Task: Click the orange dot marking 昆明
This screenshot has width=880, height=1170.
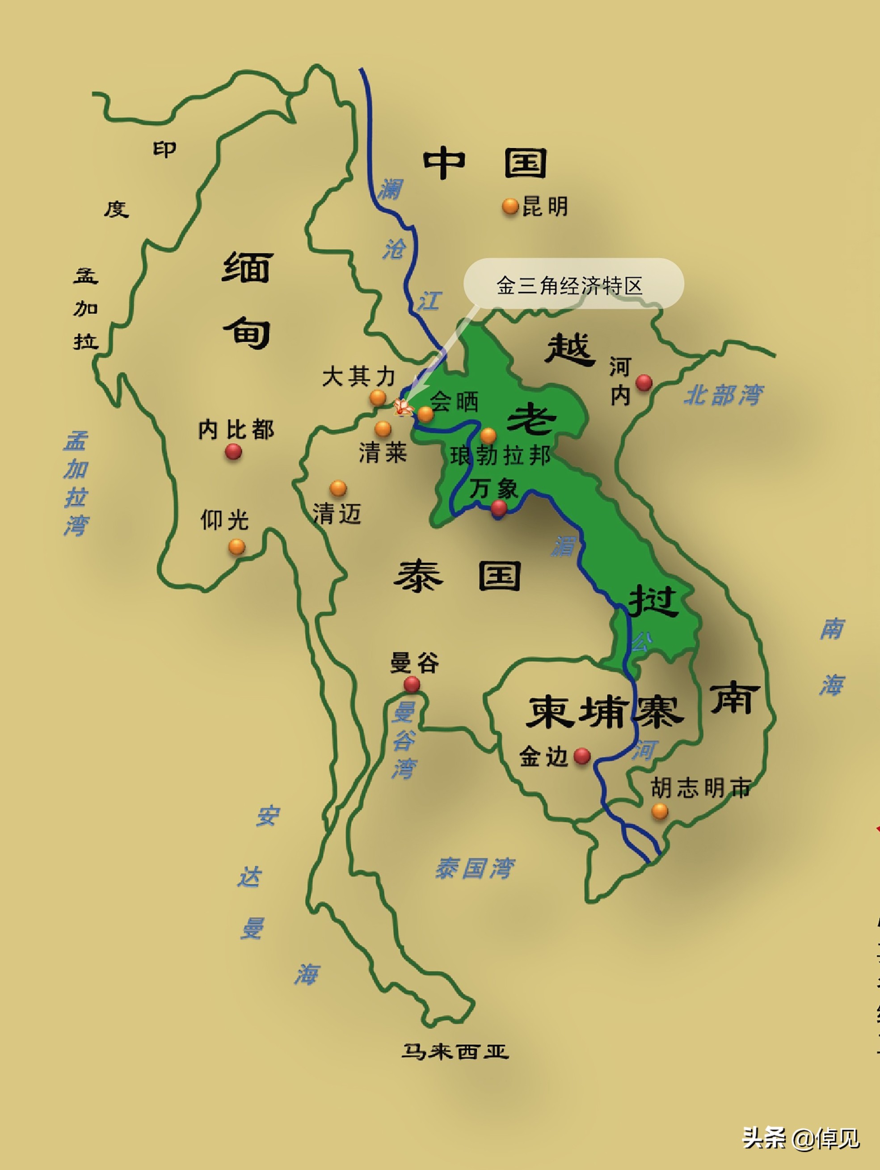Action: pyautogui.click(x=510, y=206)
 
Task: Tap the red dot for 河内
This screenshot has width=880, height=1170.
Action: pyautogui.click(x=644, y=382)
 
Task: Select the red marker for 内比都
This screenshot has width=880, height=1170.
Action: pyautogui.click(x=233, y=452)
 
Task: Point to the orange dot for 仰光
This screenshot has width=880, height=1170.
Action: pyautogui.click(x=236, y=546)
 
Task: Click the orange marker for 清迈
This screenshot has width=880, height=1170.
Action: pyautogui.click(x=338, y=488)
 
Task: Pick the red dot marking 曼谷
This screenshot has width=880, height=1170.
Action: pyautogui.click(x=412, y=684)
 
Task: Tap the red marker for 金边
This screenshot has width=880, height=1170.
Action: pyautogui.click(x=582, y=756)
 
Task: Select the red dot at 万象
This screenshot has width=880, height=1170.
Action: pyautogui.click(x=498, y=508)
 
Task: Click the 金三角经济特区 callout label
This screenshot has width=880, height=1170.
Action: pyautogui.click(x=569, y=286)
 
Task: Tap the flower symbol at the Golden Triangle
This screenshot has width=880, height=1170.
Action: pyautogui.click(x=404, y=407)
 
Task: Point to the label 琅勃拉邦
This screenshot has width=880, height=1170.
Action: pyautogui.click(x=500, y=456)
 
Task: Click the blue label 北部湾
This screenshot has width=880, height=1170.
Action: pyautogui.click(x=723, y=395)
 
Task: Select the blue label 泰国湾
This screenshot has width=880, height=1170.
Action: pyautogui.click(x=474, y=868)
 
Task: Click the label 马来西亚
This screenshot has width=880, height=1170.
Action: pyautogui.click(x=455, y=1051)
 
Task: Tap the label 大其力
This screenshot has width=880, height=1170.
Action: pyautogui.click(x=358, y=376)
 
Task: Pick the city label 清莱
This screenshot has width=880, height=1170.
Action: pyautogui.click(x=383, y=453)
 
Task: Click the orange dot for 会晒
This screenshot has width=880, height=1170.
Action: pyautogui.click(x=425, y=414)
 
